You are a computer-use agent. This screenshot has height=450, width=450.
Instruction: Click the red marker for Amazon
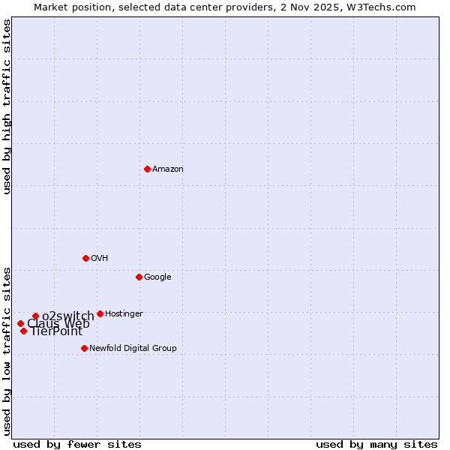click(x=147, y=169)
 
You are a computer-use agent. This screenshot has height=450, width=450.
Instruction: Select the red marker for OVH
click(x=85, y=258)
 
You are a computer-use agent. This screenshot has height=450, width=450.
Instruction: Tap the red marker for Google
click(x=139, y=277)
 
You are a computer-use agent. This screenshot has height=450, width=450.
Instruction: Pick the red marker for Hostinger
click(x=100, y=313)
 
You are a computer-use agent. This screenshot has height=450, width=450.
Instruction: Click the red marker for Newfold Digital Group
click(x=84, y=348)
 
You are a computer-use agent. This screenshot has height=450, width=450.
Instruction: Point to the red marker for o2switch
click(x=35, y=316)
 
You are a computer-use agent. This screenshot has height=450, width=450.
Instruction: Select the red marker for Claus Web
click(x=20, y=323)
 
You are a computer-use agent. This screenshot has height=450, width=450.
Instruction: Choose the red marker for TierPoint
click(x=23, y=331)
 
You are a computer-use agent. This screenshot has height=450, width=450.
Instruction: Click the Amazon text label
click(x=168, y=169)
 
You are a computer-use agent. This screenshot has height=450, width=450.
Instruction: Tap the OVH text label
click(x=100, y=259)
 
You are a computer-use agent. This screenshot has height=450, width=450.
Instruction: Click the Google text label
click(x=157, y=277)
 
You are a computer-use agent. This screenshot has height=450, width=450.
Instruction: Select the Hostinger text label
click(x=124, y=314)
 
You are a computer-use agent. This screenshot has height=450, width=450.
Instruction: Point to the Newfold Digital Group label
click(x=133, y=349)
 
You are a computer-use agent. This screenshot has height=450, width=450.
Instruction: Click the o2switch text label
click(x=68, y=316)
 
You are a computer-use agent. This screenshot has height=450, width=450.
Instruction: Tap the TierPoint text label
click(x=56, y=331)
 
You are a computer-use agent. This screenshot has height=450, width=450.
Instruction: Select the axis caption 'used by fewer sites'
click(x=77, y=444)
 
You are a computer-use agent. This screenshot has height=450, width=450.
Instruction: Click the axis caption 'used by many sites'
click(x=376, y=444)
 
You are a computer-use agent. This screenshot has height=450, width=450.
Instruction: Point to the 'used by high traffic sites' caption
click(x=7, y=106)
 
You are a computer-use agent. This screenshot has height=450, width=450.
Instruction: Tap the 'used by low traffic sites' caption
click(x=7, y=350)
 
